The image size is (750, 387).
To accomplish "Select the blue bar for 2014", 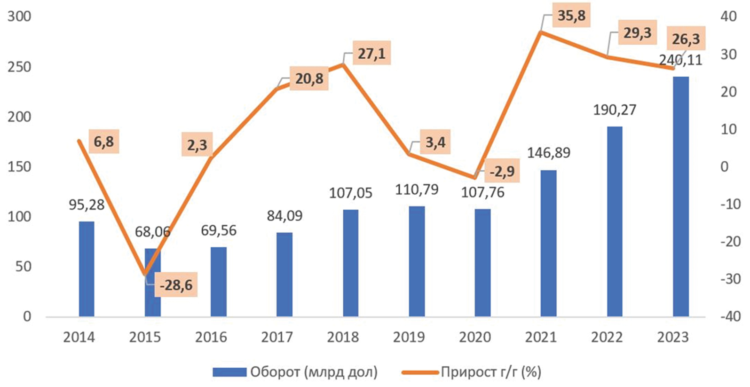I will coord(87,269).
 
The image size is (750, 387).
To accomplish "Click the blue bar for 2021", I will coord(548,243).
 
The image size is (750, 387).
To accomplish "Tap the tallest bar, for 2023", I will coord(680,197).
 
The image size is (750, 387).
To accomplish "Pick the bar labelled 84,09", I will coord(284,274).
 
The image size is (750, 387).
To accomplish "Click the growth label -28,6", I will coord(176,285).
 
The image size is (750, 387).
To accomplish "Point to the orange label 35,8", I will coord(571,16).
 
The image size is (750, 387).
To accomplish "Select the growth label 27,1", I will coord(371,54).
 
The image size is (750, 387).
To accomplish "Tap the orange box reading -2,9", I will coord(502,172).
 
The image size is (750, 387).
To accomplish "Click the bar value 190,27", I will coord(615,110).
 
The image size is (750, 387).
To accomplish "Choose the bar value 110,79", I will coord(417,190).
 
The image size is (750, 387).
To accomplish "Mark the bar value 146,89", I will coord(548,153).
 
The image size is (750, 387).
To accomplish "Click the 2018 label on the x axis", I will coord(343,337).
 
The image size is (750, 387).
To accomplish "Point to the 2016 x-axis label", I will coord(211,337).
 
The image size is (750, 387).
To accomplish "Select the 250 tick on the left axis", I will coord(19,67).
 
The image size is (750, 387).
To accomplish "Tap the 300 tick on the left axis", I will coord(19,16).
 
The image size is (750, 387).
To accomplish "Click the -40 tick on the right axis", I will coord(730,316).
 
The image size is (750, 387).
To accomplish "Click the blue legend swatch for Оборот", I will coord(229,372).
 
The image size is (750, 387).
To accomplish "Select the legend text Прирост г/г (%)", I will coord(491,372).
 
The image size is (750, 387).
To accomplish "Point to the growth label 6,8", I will coord(103,142).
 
